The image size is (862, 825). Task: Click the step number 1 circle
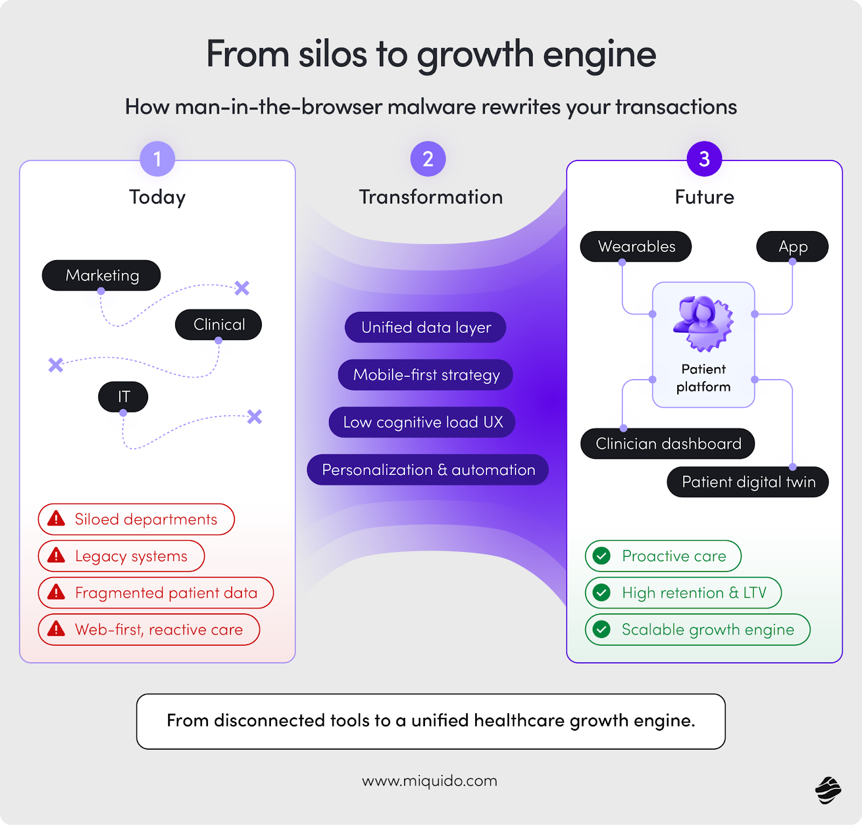157,159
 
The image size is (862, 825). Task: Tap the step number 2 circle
428,159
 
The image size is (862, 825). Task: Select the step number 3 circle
704,159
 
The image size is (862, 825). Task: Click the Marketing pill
101,275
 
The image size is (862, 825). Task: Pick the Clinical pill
218,324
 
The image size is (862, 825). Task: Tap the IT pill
123,397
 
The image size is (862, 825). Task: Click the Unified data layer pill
425,327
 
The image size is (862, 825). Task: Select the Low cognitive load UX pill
422,422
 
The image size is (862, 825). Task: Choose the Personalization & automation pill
428,470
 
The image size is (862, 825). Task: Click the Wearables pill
636,247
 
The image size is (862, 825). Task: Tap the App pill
792,247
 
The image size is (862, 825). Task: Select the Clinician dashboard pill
668,444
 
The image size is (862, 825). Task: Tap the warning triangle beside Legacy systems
56,555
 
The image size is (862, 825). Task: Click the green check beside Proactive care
601,556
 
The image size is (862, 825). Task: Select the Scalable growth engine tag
698,630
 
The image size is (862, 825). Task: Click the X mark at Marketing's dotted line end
242,288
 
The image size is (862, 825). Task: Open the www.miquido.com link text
429,781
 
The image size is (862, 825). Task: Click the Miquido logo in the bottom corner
828,790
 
